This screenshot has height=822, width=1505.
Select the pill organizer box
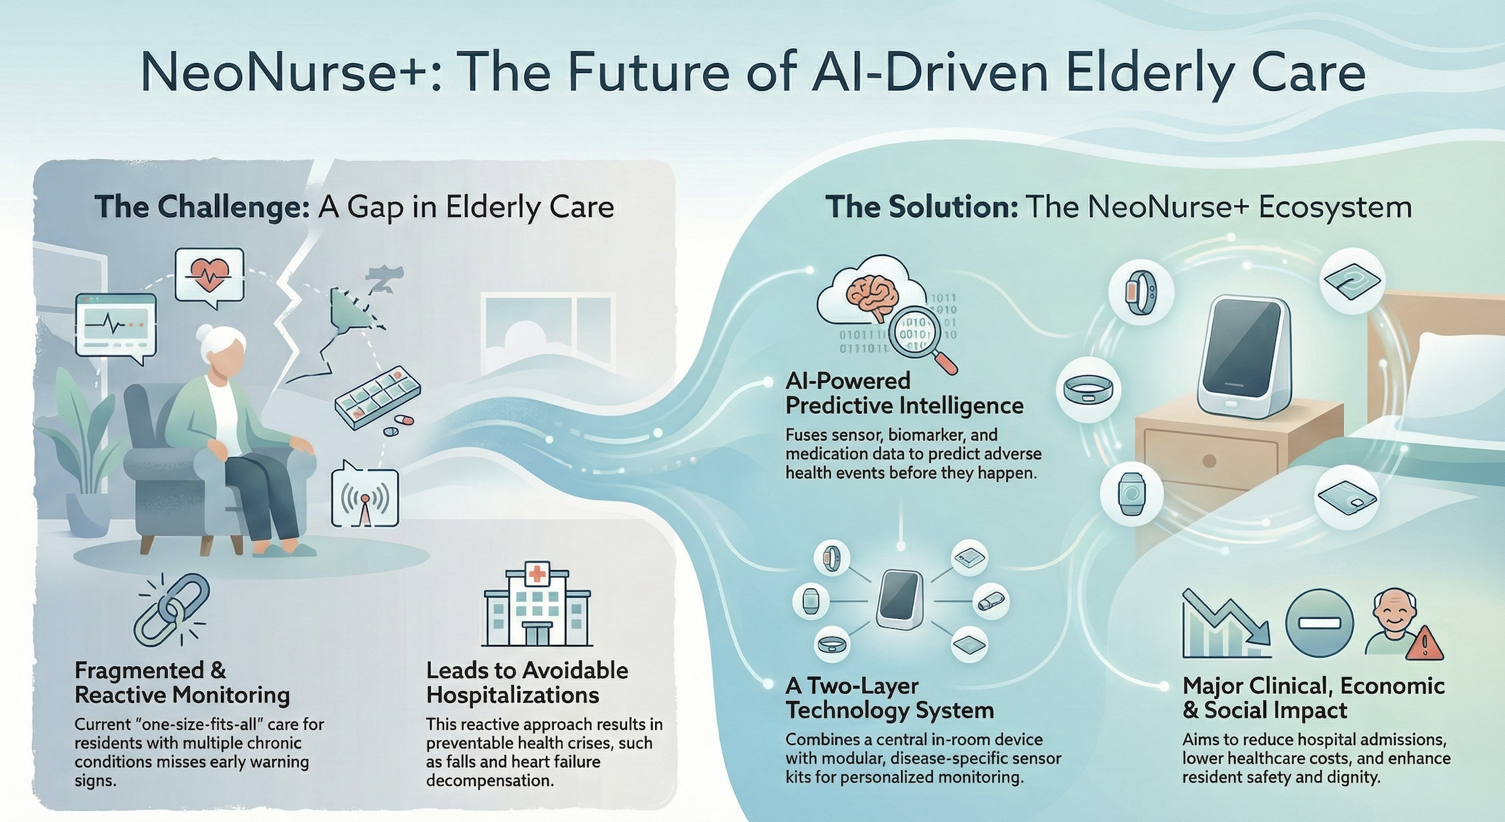pyautogui.click(x=377, y=396)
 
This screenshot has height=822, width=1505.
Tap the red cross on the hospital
pyautogui.click(x=537, y=574)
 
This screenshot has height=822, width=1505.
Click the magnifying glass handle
pyautogui.click(x=945, y=362)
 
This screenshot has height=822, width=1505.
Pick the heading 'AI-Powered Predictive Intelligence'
pyautogui.click(x=904, y=393)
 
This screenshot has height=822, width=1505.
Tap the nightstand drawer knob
pyautogui.click(x=1209, y=461)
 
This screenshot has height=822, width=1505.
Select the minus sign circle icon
pyautogui.click(x=1319, y=622)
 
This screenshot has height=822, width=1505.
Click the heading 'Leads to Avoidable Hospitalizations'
pyautogui.click(x=527, y=683)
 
